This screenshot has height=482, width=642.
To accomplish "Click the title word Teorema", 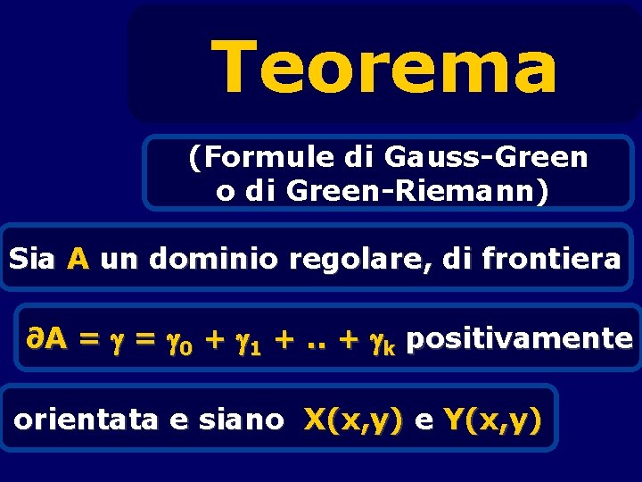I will [384, 68].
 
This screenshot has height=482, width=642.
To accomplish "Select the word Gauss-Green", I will [487, 158].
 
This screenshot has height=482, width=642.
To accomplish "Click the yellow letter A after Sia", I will [78, 260].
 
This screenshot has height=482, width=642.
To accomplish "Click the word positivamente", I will [523, 339].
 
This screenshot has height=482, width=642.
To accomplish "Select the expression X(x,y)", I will [353, 419].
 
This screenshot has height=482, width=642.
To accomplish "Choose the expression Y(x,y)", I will [491, 419].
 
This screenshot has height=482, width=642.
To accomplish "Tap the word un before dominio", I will [119, 261].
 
